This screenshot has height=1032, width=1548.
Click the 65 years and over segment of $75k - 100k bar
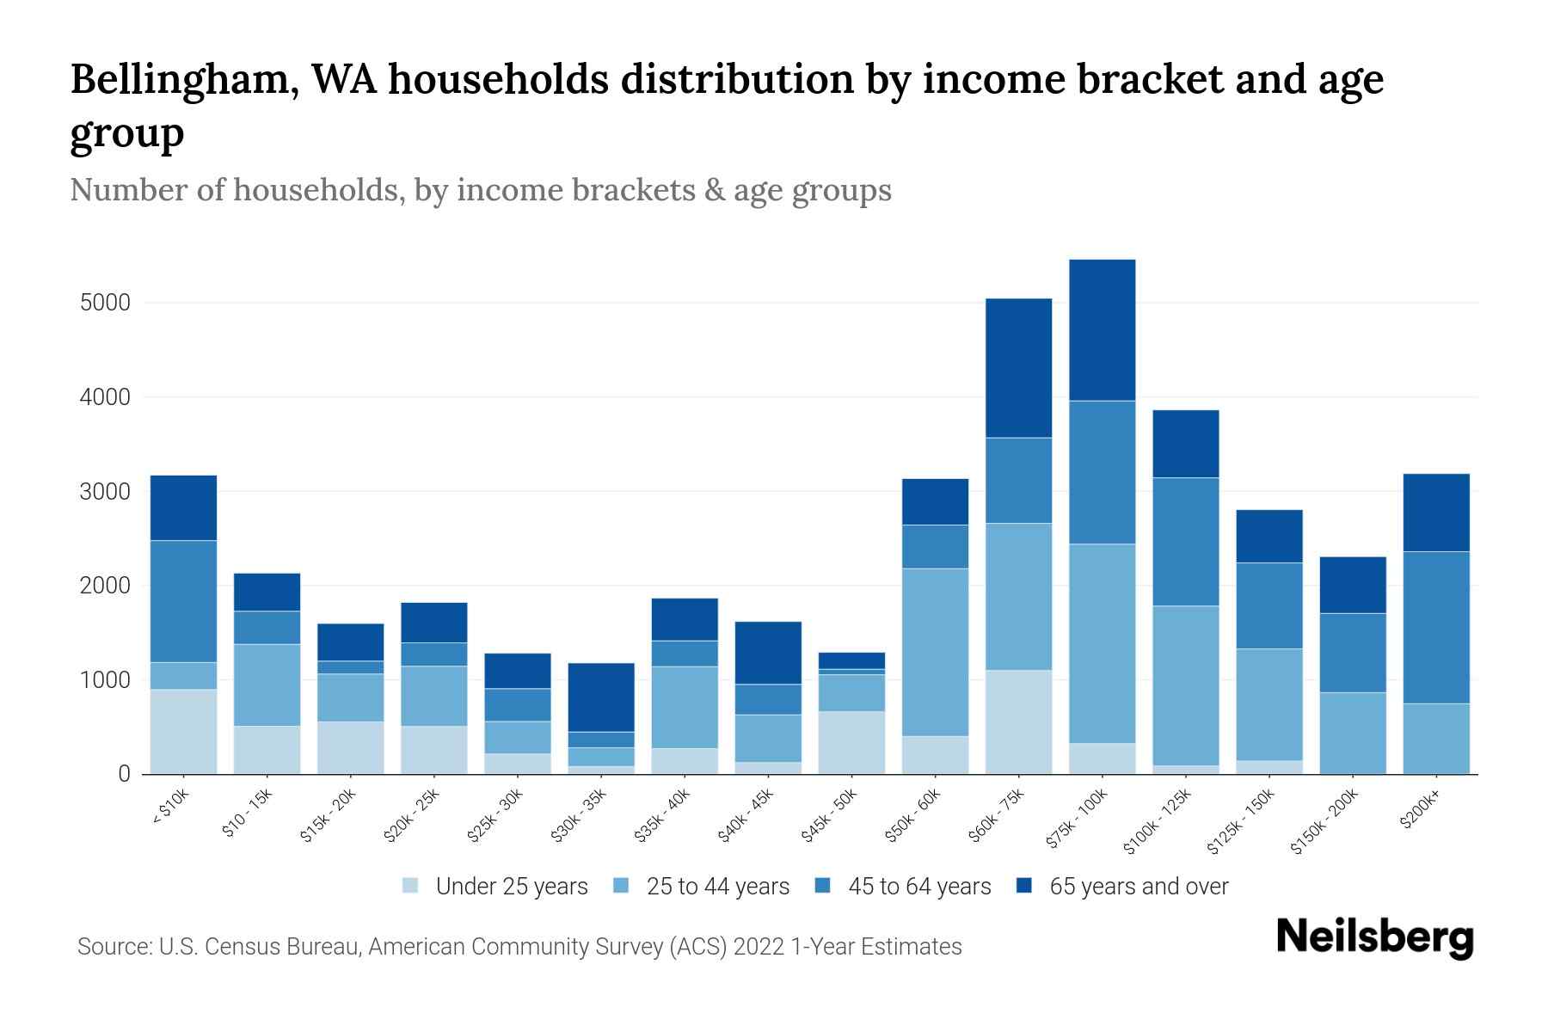[x=1102, y=330]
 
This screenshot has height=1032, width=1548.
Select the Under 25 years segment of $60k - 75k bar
[x=1018, y=722]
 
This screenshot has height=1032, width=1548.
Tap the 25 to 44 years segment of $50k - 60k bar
[x=935, y=652]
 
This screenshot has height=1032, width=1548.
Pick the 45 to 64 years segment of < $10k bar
[x=183, y=601]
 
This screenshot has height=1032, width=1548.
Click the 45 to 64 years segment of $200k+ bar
[x=1435, y=627]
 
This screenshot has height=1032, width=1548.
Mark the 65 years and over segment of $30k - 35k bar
[x=601, y=697]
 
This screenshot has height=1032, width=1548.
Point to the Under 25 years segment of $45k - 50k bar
[x=851, y=742]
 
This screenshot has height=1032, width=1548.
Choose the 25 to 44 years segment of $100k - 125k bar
[x=1185, y=685]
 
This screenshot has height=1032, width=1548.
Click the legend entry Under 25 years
[x=511, y=887]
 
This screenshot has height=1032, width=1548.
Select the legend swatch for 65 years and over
[x=1024, y=886]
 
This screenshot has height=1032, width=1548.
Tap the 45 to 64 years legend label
[x=918, y=887]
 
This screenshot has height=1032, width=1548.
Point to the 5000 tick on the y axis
[x=105, y=303]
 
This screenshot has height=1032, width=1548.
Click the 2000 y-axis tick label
[x=105, y=586]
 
